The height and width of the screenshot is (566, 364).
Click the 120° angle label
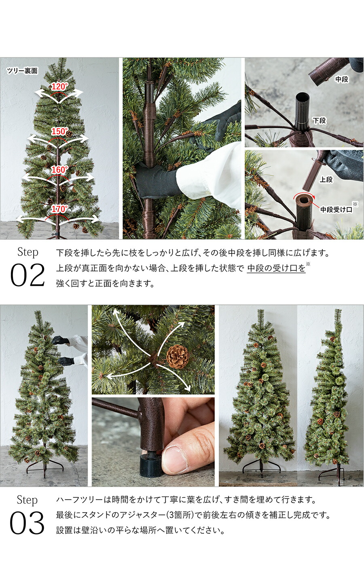pyautogui.click(x=59, y=87)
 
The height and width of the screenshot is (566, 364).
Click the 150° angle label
pyautogui.click(x=59, y=131)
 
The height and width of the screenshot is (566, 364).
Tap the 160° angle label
pyautogui.click(x=59, y=170)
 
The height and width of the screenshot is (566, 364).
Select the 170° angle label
pyautogui.click(x=59, y=209)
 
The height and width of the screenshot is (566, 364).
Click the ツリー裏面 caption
pyautogui.click(x=22, y=71)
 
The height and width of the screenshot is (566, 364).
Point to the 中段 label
pyautogui.click(x=342, y=80)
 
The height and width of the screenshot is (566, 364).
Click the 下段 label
pyautogui.click(x=319, y=120)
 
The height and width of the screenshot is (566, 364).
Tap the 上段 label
pyautogui.click(x=326, y=180)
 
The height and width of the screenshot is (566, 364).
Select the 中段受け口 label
pyautogui.click(x=336, y=209)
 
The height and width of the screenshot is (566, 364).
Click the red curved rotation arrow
pyautogui.click(x=304, y=196)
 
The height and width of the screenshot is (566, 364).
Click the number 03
pyautogui.click(x=27, y=524)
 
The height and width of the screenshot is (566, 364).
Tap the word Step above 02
pyautogui.click(x=28, y=252)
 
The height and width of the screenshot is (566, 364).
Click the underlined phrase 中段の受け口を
pyautogui.click(x=276, y=268)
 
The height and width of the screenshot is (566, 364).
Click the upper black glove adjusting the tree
pyautogui.click(x=61, y=340)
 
